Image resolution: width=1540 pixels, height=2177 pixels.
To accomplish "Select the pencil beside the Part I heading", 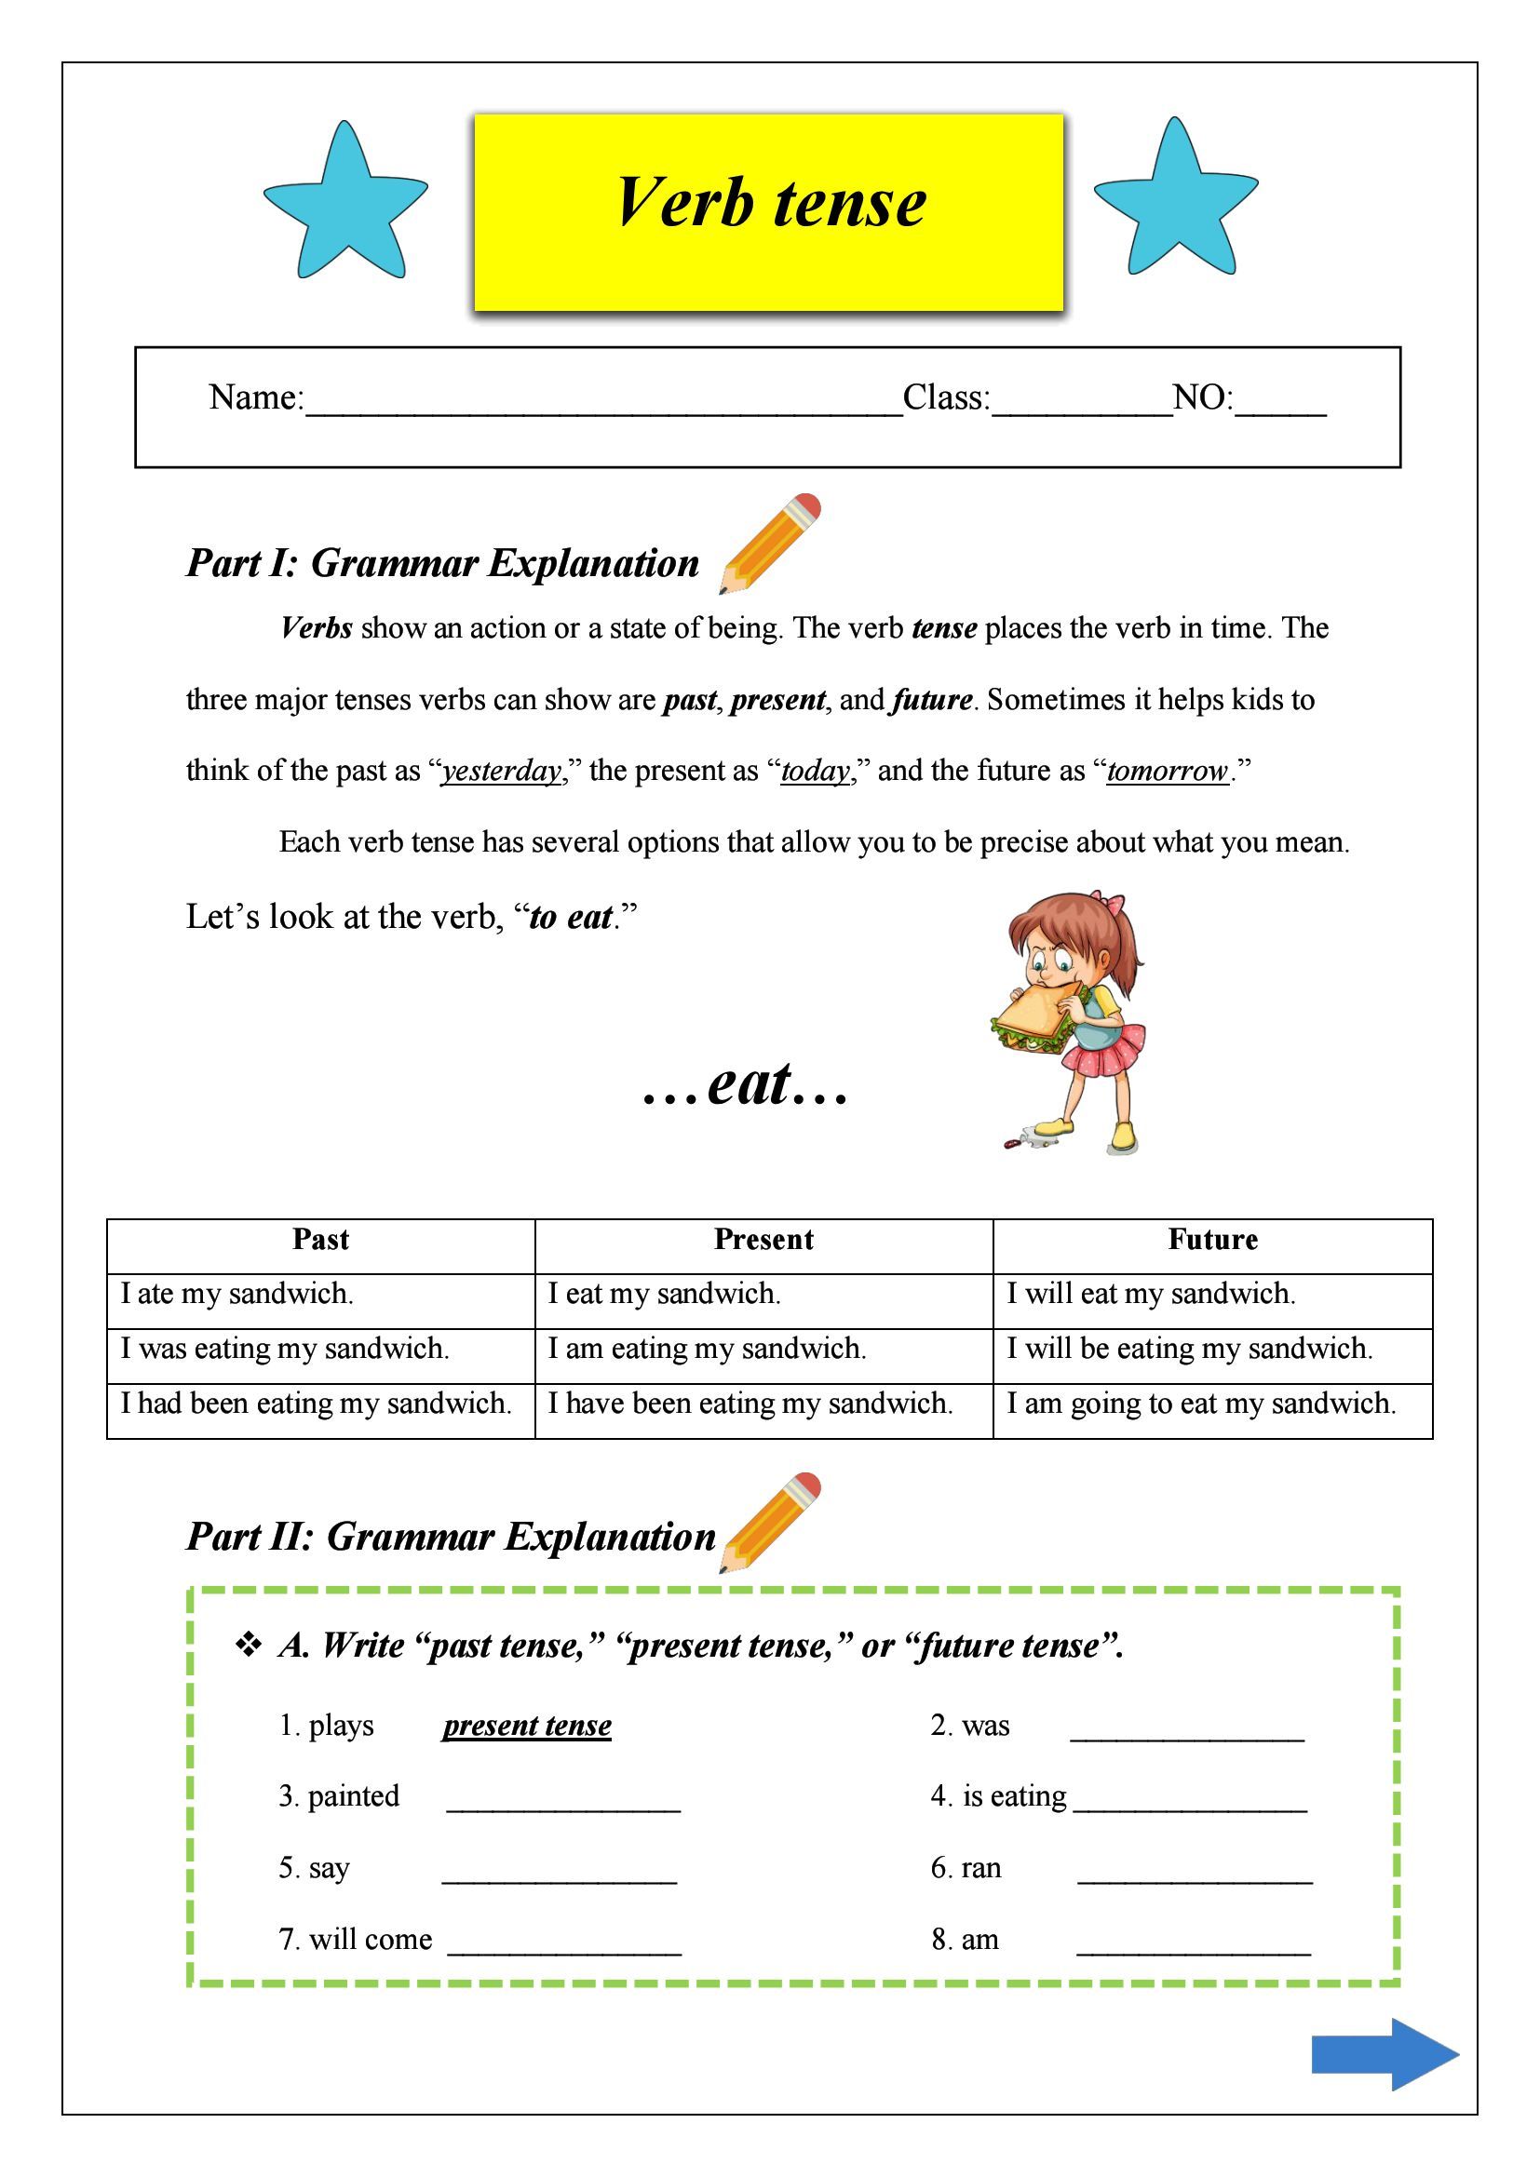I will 769,543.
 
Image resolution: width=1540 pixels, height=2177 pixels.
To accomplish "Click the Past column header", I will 320,1240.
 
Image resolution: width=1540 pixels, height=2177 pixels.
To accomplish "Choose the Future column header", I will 1212,1240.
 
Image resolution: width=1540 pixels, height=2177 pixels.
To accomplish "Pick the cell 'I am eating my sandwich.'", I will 707,1349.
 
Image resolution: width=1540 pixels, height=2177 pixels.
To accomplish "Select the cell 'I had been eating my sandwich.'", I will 316,1404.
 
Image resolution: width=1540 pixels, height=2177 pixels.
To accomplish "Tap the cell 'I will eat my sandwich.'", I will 1150,1295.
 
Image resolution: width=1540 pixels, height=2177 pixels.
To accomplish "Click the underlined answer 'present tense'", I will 527,1726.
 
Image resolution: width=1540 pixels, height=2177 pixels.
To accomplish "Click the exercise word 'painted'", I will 354,1796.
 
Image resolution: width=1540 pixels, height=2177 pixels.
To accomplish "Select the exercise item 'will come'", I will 370,1940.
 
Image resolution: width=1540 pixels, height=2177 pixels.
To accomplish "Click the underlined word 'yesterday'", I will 502,771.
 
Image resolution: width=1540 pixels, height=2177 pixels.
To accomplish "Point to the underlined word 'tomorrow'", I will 1168,771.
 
